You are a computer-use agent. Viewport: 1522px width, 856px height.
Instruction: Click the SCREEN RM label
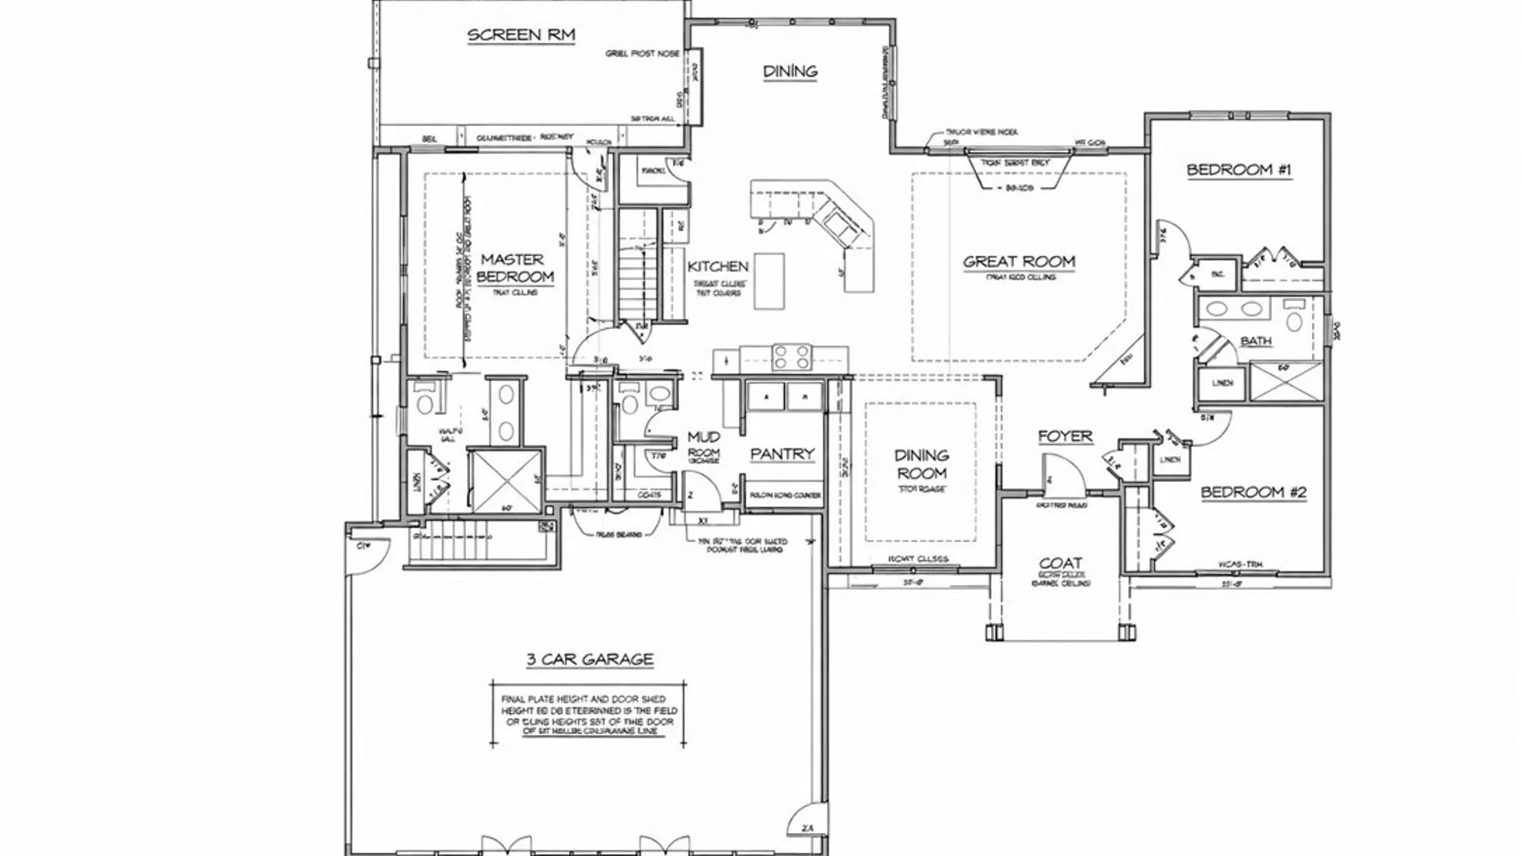521,35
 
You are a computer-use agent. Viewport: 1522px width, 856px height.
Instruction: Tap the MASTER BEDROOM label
514,268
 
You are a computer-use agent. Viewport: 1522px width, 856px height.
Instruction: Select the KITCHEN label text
717,266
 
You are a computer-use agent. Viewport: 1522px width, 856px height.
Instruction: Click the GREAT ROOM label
1019,262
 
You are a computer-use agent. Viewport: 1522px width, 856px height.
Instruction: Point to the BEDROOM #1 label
1238,170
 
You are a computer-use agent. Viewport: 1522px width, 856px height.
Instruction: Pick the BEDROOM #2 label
1252,492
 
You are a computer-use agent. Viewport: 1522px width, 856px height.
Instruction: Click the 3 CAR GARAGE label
590,659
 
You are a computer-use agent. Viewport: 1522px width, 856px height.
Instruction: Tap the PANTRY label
782,454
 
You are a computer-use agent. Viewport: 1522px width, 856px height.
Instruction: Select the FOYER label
1065,437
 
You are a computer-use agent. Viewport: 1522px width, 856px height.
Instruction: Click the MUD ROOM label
703,444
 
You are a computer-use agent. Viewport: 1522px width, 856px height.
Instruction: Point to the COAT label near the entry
1060,564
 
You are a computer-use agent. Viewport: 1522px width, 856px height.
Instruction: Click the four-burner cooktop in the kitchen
792,357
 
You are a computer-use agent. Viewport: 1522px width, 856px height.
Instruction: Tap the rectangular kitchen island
768,281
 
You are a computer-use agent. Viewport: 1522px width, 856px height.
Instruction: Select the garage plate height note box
588,715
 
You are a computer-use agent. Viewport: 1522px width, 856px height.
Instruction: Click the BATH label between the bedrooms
1256,341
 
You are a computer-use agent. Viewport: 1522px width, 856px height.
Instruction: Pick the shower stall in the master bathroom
506,480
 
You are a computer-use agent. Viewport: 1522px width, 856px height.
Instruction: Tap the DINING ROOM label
921,464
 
